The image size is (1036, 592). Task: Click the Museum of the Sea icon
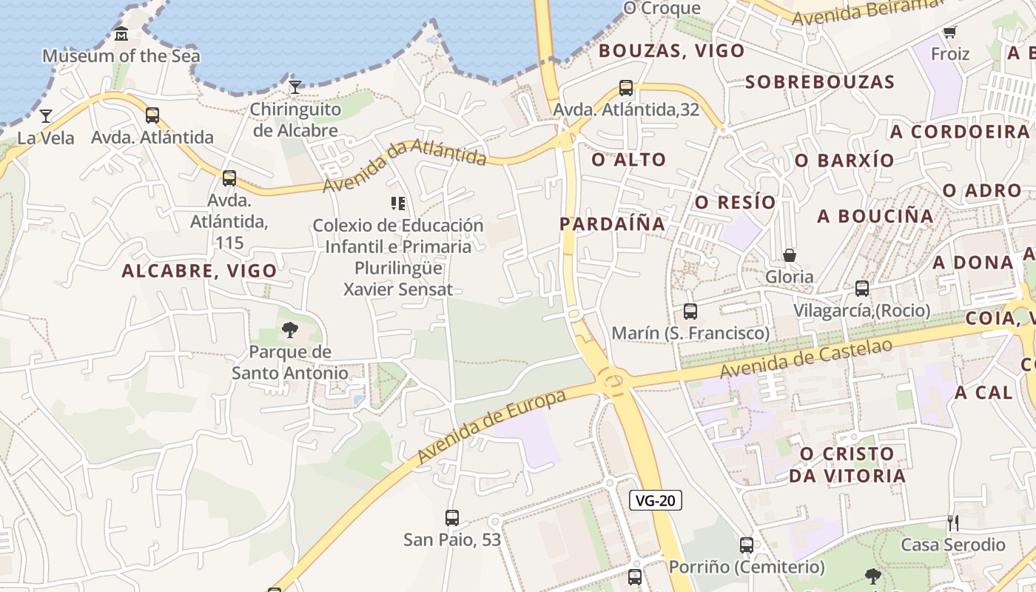(121, 34)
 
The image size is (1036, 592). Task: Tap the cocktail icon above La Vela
(46, 115)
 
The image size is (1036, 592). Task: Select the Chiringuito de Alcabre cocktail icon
(295, 87)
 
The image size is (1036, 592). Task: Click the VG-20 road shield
(656, 500)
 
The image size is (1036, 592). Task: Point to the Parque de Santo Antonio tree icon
(290, 330)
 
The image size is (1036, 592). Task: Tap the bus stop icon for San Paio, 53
(452, 518)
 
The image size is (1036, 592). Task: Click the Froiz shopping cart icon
(950, 33)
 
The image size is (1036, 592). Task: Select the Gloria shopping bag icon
(790, 255)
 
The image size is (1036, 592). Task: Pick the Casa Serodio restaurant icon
(953, 523)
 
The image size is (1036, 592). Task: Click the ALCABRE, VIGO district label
(200, 271)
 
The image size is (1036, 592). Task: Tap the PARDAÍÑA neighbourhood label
(612, 223)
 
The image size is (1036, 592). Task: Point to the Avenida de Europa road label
(492, 426)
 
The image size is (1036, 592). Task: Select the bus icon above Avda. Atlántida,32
(626, 88)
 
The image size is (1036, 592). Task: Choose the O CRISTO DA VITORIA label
(847, 464)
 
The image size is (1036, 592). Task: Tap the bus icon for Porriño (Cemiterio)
(747, 545)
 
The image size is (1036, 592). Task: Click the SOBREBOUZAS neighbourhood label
(820, 81)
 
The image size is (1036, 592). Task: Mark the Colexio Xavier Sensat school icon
(398, 203)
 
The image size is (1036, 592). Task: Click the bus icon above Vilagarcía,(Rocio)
(862, 289)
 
